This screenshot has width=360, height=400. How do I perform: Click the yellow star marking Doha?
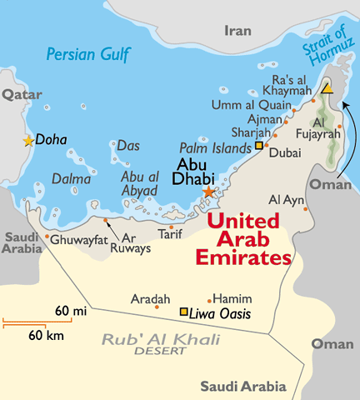29,141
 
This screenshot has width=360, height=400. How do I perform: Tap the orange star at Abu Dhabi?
208,192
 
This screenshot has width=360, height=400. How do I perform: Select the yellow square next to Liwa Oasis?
184,312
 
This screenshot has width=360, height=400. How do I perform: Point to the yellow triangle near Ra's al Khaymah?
328,87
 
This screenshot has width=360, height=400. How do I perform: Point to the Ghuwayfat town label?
79,239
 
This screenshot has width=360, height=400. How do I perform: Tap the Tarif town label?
169,236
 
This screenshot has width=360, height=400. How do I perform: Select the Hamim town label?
228,297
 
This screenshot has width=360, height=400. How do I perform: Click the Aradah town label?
151,298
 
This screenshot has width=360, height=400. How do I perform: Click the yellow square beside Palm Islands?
259,146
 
